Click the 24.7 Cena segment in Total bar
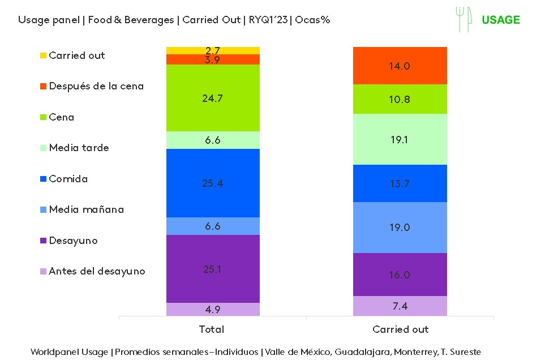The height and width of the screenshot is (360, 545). click(213, 98)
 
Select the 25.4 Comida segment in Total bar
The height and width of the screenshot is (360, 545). click(213, 183)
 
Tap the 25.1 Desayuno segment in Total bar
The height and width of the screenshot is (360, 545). click(213, 269)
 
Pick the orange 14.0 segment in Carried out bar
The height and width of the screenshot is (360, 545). click(400, 66)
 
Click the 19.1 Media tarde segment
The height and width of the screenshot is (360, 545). click(400, 139)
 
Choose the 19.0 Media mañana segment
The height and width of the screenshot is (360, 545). click(400, 228)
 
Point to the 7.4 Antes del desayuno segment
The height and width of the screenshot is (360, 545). click(400, 306)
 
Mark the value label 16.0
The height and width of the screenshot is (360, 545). click(400, 275)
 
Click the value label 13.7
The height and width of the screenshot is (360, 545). click(400, 183)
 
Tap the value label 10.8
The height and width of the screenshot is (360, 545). click(400, 100)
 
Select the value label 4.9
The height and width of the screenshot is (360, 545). click(213, 310)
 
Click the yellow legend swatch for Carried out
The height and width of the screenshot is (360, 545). click(43, 55)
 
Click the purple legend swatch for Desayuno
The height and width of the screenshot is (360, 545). click(43, 241)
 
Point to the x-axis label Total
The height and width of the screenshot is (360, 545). click(212, 329)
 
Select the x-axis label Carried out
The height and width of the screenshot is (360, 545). click(400, 329)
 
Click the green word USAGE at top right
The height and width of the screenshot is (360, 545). click(500, 20)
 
